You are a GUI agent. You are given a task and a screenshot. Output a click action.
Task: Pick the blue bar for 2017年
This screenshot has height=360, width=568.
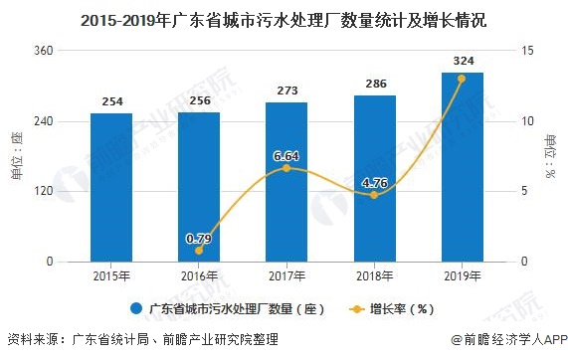[285, 182]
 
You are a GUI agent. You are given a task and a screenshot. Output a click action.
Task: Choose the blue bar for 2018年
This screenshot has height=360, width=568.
[373, 179]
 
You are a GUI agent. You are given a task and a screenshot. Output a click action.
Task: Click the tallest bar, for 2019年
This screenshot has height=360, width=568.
[461, 167]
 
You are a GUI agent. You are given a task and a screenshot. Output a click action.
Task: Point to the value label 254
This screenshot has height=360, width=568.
[110, 101]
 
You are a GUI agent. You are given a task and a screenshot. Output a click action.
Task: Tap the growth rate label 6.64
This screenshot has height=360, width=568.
[285, 155]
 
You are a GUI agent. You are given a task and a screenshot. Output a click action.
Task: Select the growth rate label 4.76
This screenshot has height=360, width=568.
[373, 182]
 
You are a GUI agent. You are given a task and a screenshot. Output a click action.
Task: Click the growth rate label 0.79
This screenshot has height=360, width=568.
[198, 238]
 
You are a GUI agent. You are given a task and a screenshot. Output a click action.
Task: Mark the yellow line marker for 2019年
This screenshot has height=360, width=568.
[461, 79]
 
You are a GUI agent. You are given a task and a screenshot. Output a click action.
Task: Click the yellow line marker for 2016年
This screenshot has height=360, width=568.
[198, 252]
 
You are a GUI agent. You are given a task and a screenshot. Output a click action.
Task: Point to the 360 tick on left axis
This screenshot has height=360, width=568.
[46, 51]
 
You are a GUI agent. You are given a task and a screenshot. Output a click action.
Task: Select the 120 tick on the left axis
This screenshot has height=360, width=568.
[46, 191]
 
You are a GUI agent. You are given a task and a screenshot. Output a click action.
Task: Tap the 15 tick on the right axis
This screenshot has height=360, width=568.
[528, 51]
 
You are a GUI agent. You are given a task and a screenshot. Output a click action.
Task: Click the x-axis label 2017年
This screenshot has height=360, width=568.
[285, 275]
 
